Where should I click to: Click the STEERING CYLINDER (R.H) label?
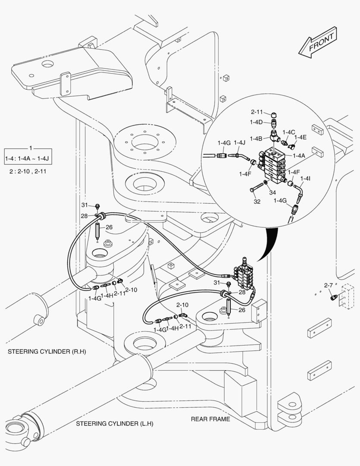pyautogui.click(x=47, y=352)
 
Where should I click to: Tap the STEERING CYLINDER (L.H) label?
pyautogui.click(x=115, y=424)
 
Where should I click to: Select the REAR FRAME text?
pyautogui.click(x=211, y=419)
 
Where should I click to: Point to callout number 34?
pyautogui.click(x=272, y=192)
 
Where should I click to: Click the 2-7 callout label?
pyautogui.click(x=328, y=285)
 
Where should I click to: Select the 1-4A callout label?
pyautogui.click(x=300, y=155)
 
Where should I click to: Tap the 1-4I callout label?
pyautogui.click(x=305, y=178)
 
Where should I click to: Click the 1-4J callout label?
pyautogui.click(x=240, y=142)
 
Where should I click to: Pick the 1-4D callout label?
pyautogui.click(x=256, y=122)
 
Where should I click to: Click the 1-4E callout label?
pyautogui.click(x=301, y=137)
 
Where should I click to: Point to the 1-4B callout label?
pyautogui.click(x=256, y=139)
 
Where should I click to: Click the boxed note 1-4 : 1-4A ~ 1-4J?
pyautogui.click(x=27, y=159)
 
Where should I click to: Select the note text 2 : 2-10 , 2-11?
pyautogui.click(x=28, y=171)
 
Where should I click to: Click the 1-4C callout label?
pyautogui.click(x=288, y=132)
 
